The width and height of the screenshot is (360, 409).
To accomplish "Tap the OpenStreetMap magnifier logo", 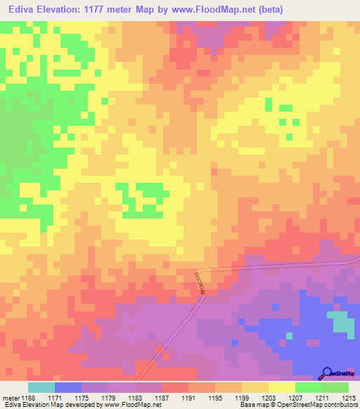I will pos(327,373).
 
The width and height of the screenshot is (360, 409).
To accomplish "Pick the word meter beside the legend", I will pos(11,398).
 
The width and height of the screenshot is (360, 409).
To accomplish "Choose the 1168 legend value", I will pos(28,398).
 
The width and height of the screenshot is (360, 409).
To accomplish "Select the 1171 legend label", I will pos(55,398).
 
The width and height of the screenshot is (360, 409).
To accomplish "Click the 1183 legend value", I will pos(135,398).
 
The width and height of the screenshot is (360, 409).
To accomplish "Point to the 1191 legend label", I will pos(188,398).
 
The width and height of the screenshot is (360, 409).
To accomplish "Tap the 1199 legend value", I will pos(242,398).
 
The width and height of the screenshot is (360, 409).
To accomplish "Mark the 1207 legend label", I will pos(295,398).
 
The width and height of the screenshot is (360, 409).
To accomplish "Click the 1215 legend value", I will pos(349,398).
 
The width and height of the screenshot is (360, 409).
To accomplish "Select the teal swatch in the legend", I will pos(41,387).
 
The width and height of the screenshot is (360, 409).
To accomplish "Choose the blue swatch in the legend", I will pos(68,387).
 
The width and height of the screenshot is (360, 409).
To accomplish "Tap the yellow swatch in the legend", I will pos(282,387).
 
